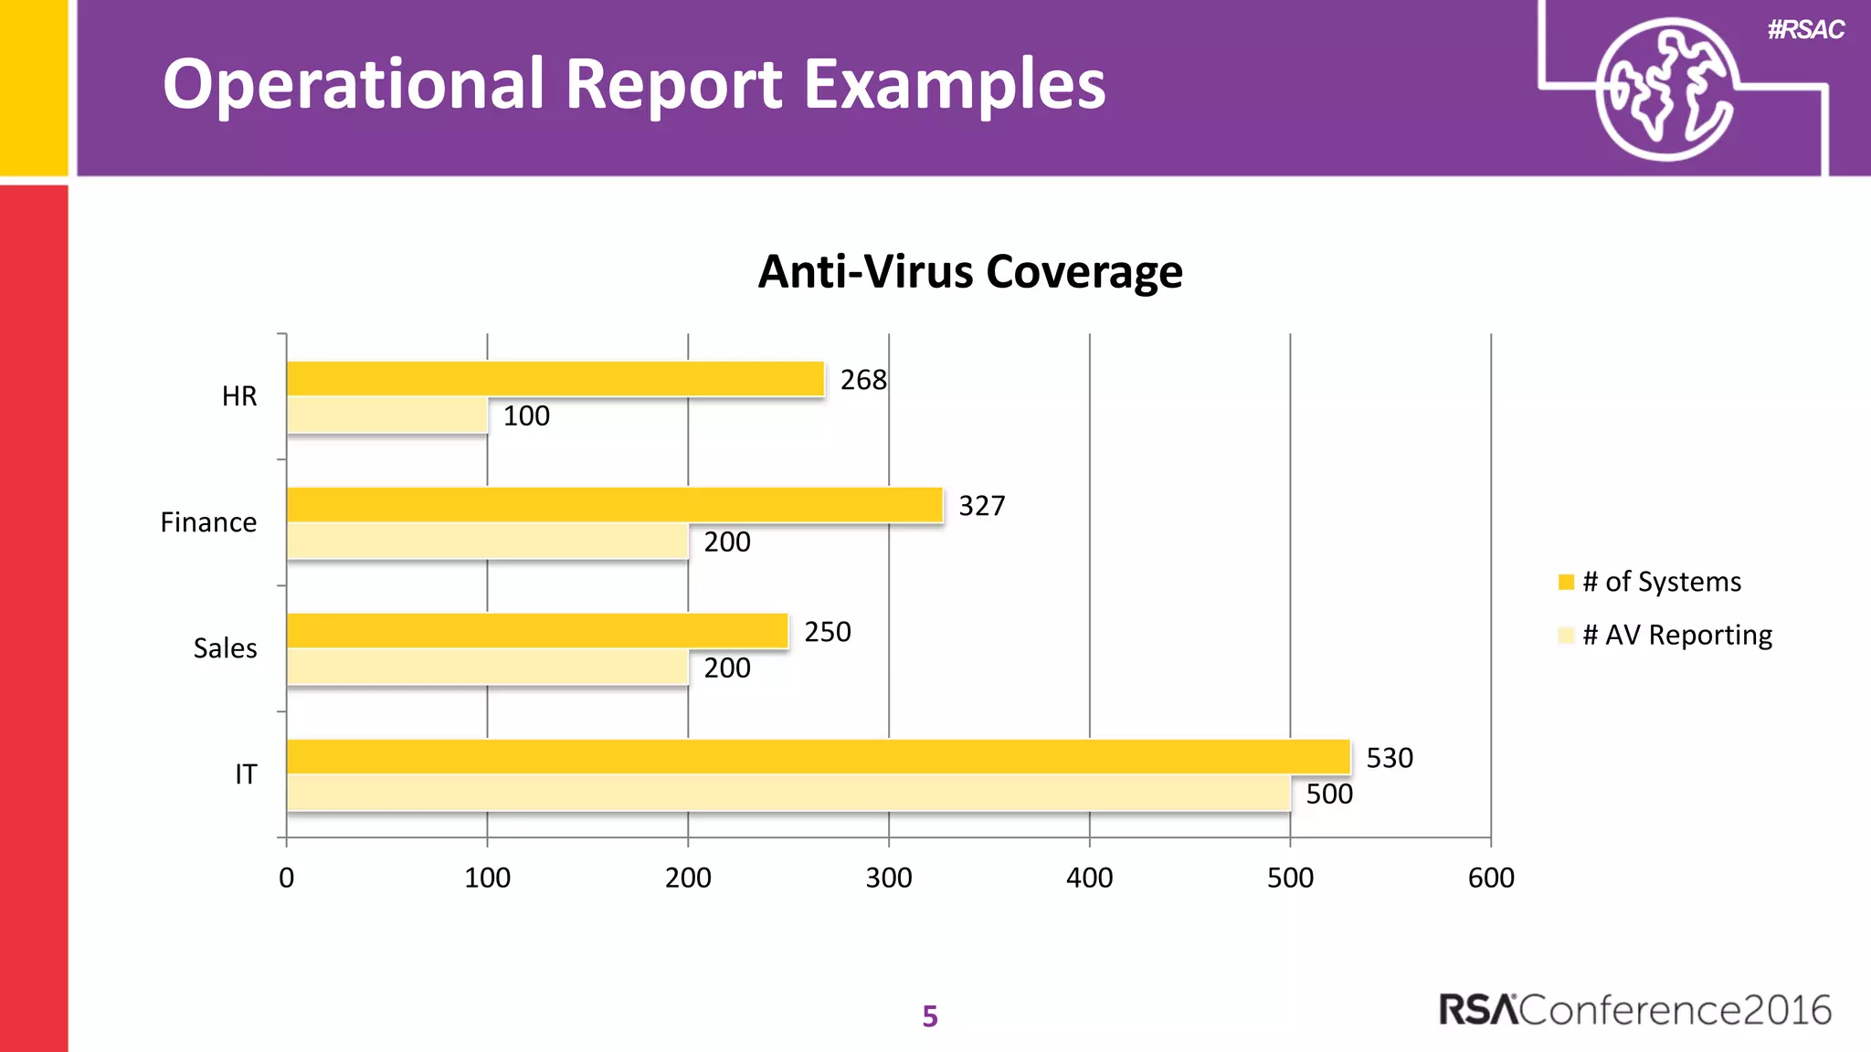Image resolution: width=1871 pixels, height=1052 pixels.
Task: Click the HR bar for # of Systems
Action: (x=555, y=379)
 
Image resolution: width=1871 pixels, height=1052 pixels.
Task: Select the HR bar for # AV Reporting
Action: (x=386, y=416)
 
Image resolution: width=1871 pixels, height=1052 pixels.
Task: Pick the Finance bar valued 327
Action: (x=614, y=505)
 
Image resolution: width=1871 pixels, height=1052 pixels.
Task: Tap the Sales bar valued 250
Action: (x=537, y=631)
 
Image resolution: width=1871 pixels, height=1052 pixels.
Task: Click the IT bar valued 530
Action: (x=818, y=757)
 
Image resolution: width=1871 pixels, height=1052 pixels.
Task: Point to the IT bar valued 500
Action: (x=788, y=794)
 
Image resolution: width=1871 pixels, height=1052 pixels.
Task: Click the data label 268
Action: (x=863, y=380)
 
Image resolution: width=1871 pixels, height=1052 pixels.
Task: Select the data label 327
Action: (x=981, y=506)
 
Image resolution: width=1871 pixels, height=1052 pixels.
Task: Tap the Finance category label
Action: (x=208, y=522)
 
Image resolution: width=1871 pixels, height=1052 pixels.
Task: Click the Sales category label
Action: (x=225, y=648)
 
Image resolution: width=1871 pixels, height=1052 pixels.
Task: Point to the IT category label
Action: (x=246, y=774)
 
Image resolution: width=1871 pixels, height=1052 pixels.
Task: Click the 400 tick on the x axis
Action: (x=1089, y=878)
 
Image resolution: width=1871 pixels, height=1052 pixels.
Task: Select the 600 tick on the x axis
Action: (x=1490, y=878)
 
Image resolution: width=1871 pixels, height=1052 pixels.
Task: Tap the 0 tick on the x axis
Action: (x=287, y=878)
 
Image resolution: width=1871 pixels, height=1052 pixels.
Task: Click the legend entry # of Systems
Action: (x=1661, y=582)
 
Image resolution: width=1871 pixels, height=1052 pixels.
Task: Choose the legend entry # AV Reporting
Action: (x=1676, y=635)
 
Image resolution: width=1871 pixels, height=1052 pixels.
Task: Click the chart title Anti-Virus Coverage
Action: (x=969, y=272)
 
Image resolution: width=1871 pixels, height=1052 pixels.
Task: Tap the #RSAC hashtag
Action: (x=1805, y=30)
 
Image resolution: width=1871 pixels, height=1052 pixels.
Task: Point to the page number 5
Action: (x=930, y=1016)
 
